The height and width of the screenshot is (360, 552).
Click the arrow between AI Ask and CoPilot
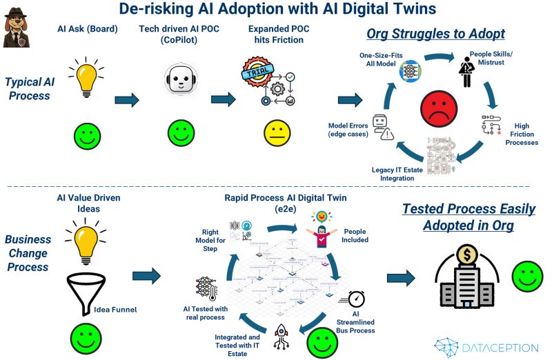pyautogui.click(x=128, y=101)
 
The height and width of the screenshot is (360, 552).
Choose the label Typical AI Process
pyautogui.click(x=29, y=88)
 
